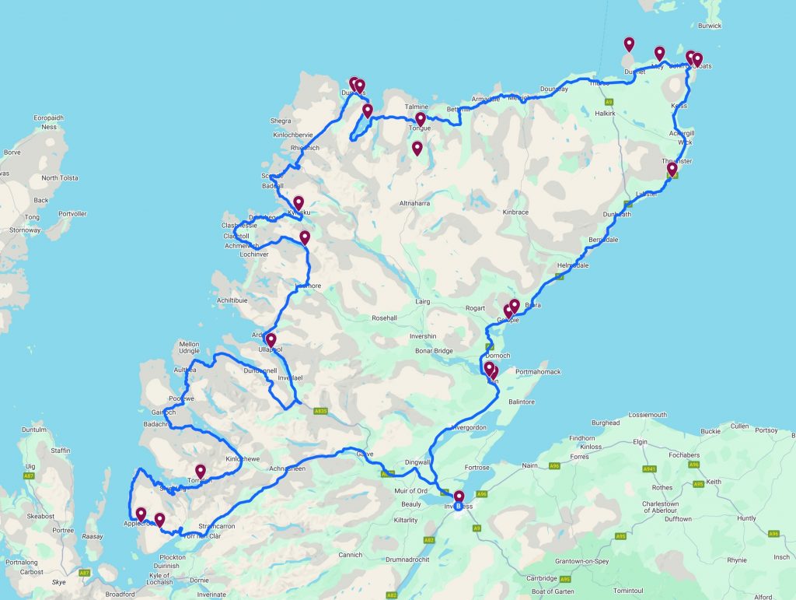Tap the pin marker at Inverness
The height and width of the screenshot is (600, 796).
459,497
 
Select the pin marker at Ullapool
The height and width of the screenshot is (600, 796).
271,340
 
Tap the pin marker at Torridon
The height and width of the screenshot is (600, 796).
201,472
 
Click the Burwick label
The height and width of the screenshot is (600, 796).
710,26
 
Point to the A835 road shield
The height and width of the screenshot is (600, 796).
321,411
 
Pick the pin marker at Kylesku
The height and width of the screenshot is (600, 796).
298,204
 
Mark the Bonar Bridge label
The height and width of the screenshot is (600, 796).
433,351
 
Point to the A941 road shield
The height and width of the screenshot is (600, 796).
648,469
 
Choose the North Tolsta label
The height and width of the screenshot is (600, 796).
61,178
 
